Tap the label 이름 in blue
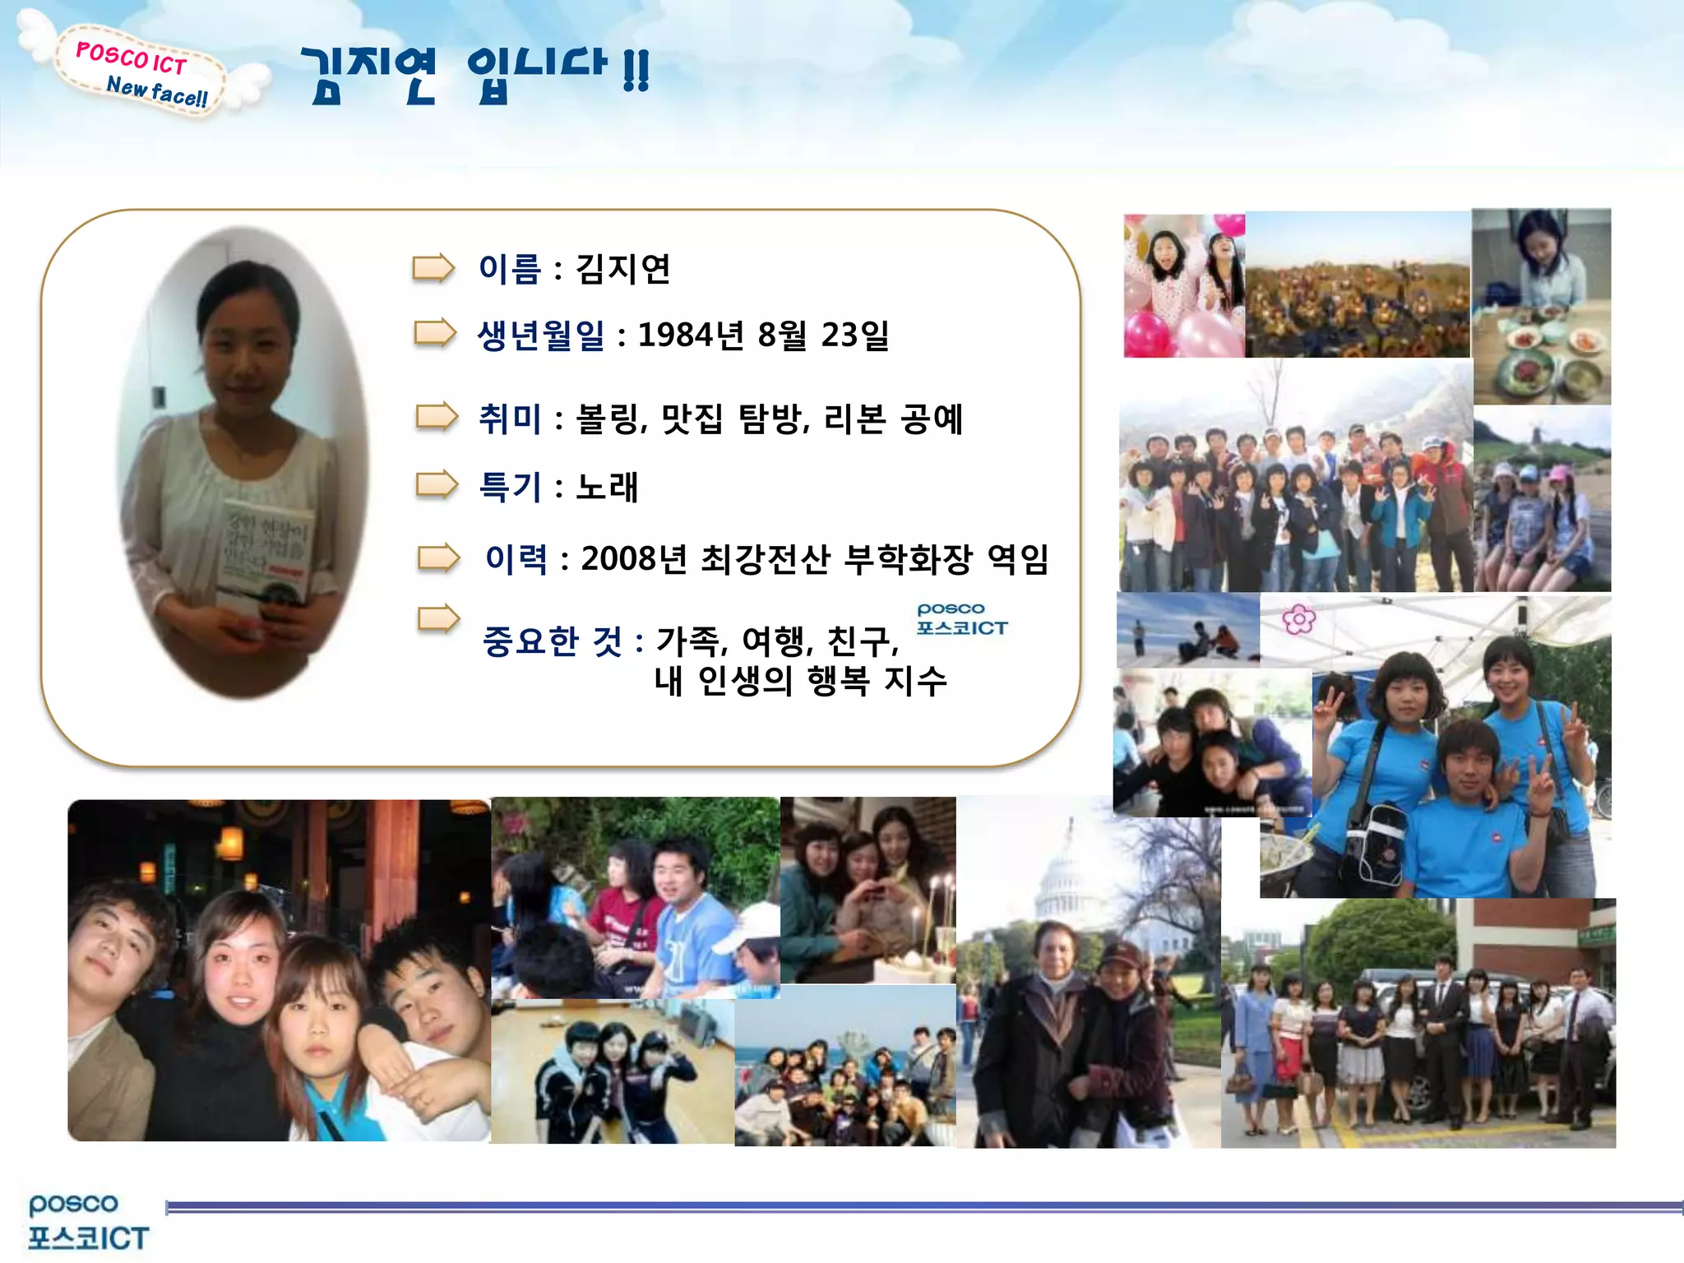[x=509, y=270]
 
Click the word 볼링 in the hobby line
[x=608, y=419]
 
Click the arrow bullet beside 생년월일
[x=435, y=333]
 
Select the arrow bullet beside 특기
[x=437, y=485]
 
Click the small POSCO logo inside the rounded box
[x=961, y=618]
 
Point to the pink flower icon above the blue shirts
[x=1298, y=619]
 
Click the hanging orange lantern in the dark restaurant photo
[x=231, y=844]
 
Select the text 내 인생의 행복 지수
[x=800, y=682]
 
